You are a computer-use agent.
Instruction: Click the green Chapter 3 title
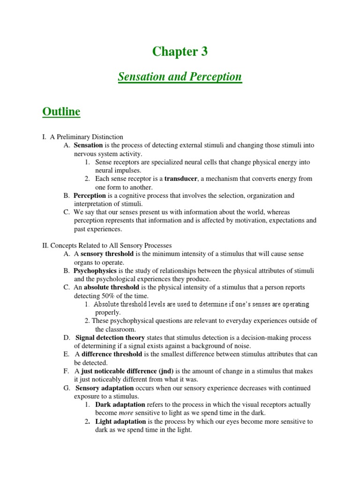[180, 52]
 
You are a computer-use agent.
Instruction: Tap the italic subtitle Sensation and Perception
[180, 76]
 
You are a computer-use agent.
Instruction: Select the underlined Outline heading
[61, 112]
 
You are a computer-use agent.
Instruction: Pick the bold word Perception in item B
[90, 195]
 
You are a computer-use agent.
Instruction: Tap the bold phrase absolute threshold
[111, 287]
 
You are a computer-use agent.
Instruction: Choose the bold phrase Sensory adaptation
[105, 388]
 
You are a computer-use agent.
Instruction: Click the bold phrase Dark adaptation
[120, 405]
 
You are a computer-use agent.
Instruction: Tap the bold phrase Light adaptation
[120, 421]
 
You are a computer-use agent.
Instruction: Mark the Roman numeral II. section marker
[45, 246]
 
